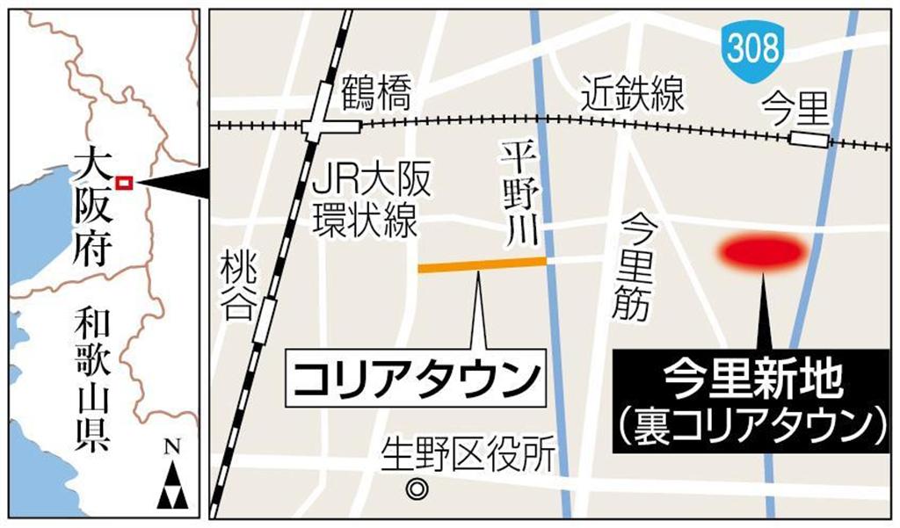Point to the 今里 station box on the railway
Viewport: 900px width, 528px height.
[x=808, y=139]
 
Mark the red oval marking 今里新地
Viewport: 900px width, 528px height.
[x=762, y=252]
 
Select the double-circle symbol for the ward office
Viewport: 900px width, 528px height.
[x=417, y=488]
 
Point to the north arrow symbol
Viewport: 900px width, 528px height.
[x=172, y=479]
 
